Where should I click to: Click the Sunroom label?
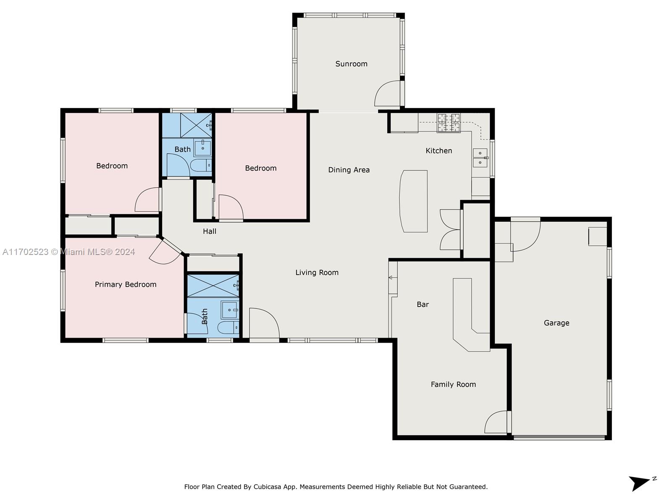pos(351,64)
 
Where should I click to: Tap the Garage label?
pos(556,323)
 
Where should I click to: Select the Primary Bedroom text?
pos(126,285)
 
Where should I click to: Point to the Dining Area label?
pos(349,170)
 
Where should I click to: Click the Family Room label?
pos(453,385)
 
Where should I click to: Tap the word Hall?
pos(210,231)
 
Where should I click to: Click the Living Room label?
pos(317,273)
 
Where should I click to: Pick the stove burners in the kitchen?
pos(449,123)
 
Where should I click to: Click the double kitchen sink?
pos(480,157)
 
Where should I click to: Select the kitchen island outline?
pos(413,201)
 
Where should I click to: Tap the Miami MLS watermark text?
pos(68,252)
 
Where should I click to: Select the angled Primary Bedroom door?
pos(166,252)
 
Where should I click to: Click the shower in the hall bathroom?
pos(196,125)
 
